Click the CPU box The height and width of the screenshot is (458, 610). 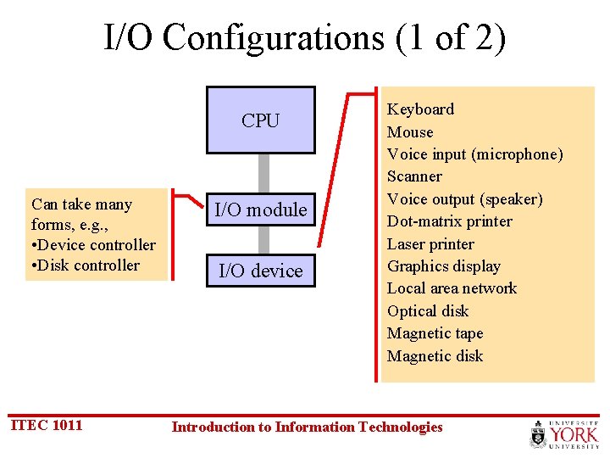coord(260,120)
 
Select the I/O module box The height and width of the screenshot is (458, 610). coord(260,209)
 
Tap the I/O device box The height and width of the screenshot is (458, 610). coord(260,271)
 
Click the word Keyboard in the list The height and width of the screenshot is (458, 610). coord(420,109)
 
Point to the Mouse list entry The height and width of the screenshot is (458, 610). coord(410,132)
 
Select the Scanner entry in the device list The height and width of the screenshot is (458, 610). coord(414,176)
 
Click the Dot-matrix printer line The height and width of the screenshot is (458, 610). coord(449,221)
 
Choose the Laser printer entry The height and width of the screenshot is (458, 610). coord(430,244)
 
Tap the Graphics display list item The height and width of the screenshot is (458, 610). coord(443,266)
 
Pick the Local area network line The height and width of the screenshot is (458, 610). coord(452,288)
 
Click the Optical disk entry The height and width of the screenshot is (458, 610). coord(428,311)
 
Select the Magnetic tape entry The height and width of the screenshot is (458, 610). coord(435,333)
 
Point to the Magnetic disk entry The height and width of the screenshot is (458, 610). coord(435,356)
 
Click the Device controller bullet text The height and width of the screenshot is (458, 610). coord(97,245)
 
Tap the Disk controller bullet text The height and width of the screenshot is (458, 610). coord(89,265)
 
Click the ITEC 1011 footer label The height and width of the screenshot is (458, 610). coord(47,425)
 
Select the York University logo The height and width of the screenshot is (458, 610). coord(564,433)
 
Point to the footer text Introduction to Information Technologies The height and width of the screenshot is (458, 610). coord(307,427)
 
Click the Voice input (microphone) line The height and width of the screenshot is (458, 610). coord(474,154)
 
